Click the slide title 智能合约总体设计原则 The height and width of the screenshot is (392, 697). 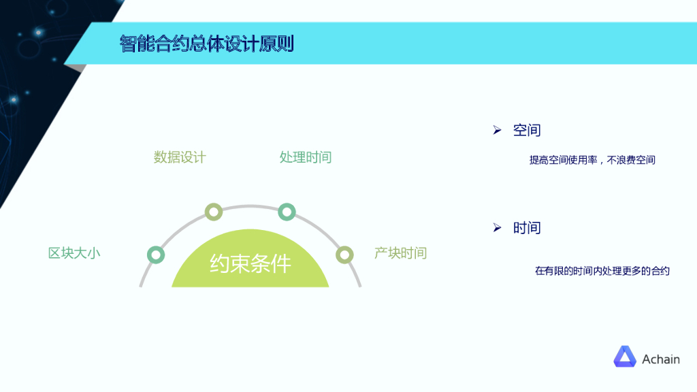click(207, 44)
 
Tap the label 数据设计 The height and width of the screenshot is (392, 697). click(180, 157)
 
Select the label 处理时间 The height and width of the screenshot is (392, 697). click(306, 157)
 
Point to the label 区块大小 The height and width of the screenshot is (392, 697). click(74, 253)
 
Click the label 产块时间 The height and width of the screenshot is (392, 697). click(400, 253)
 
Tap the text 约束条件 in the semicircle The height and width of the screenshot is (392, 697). click(250, 263)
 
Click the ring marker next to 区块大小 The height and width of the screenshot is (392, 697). click(156, 255)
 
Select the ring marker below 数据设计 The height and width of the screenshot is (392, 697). click(214, 212)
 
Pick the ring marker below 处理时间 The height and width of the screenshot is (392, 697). click(287, 212)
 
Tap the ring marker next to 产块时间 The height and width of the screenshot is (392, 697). click(345, 255)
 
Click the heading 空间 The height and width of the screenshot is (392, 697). click(527, 130)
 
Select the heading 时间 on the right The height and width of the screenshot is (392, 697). click(527, 228)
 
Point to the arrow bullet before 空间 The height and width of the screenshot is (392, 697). click(497, 130)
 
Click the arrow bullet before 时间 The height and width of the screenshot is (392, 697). click(497, 228)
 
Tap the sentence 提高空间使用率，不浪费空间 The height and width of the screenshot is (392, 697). click(592, 161)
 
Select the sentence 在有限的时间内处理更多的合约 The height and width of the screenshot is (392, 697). click(602, 271)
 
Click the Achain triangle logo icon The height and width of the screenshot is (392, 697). click(624, 357)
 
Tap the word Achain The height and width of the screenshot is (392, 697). click(660, 359)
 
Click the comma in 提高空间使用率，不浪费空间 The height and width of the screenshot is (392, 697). click(602, 163)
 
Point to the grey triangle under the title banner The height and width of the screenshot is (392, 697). click(80, 68)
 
